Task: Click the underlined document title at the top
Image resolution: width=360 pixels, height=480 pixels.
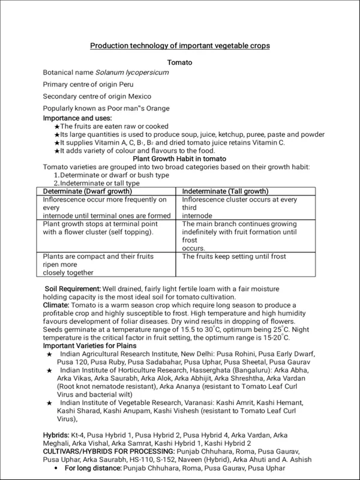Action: click(x=180, y=46)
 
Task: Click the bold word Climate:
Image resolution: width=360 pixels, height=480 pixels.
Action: click(x=58, y=305)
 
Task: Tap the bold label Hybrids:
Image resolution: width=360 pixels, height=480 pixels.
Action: click(x=56, y=433)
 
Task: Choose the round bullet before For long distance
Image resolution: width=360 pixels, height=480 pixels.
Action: click(x=56, y=467)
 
